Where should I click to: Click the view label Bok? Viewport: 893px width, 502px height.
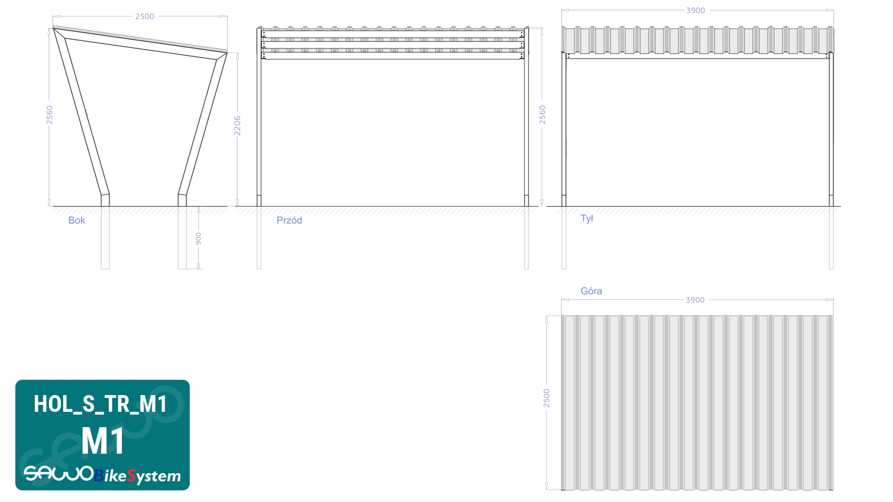[x=77, y=220]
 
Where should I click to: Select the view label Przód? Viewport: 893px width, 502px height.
[x=289, y=220]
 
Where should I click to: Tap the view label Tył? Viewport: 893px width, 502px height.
[x=586, y=218]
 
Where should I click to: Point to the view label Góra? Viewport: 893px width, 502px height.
[x=591, y=291]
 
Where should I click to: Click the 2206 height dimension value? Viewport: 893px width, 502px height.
[x=237, y=125]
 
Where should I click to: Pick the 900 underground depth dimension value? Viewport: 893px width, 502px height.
[x=199, y=239]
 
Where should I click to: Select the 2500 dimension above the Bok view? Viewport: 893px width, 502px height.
[x=145, y=16]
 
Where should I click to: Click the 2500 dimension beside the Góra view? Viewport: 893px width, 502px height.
[x=546, y=398]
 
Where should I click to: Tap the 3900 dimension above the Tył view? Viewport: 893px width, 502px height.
[x=695, y=10]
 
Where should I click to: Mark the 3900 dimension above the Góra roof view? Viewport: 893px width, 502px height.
[x=695, y=300]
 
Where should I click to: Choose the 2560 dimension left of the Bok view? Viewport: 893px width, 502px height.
[x=49, y=115]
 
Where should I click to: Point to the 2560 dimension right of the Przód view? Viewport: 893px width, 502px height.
[x=542, y=115]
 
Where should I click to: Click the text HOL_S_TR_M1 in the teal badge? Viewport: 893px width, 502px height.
[x=100, y=404]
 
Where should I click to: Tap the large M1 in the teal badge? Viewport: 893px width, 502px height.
[x=103, y=441]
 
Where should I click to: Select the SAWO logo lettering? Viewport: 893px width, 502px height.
[x=59, y=474]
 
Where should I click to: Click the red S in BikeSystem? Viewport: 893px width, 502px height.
[x=131, y=476]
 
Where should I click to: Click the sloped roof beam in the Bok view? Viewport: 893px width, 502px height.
[x=140, y=42]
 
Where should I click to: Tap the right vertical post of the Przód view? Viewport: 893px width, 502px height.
[x=526, y=117]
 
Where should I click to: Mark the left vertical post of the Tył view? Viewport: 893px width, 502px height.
[x=564, y=130]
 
